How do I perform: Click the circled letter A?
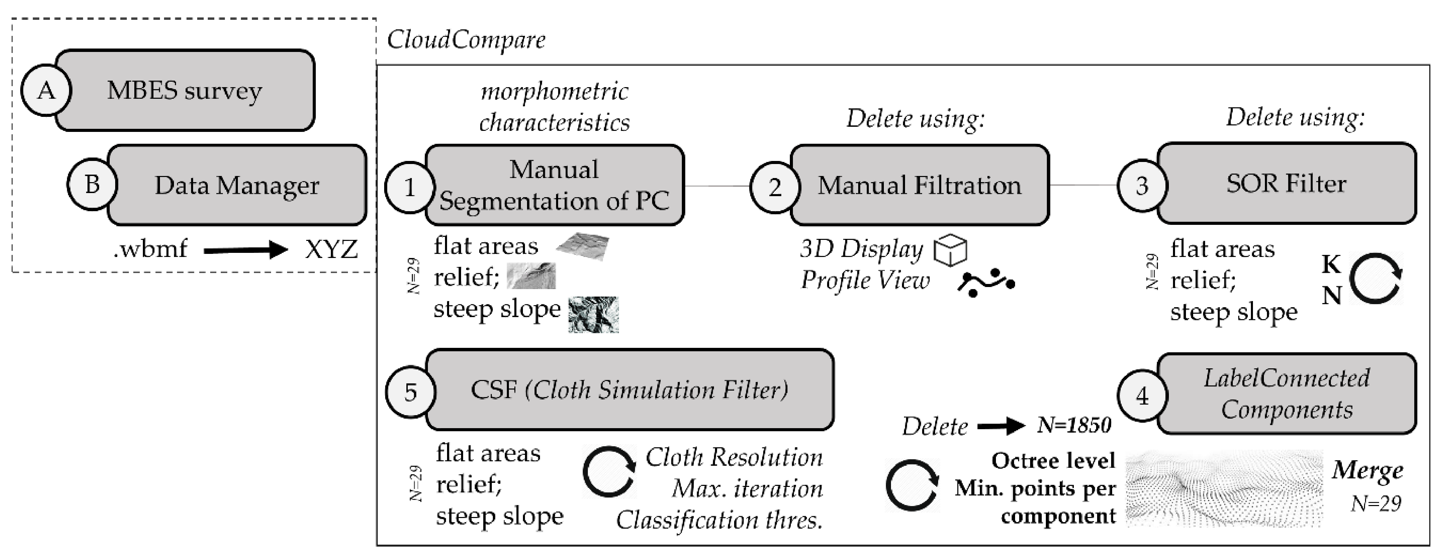coord(46,90)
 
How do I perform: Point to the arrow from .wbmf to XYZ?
coord(245,249)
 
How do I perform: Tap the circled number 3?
coord(1142,186)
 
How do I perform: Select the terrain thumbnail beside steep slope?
coord(593,315)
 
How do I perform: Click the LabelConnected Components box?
coord(1286,394)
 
